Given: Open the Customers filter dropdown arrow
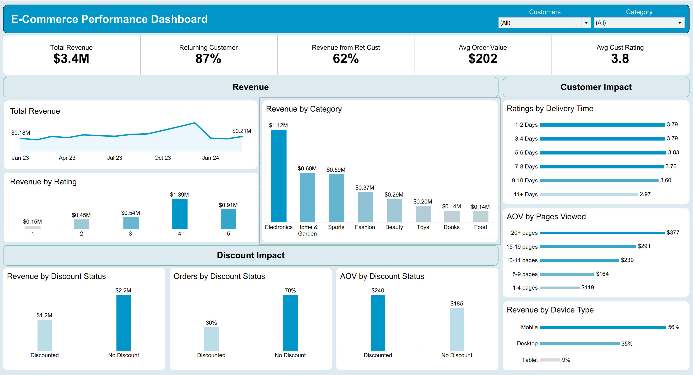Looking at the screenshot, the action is click(586, 23).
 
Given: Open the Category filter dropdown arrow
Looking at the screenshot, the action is click(679, 23).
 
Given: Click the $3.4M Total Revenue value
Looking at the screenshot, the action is click(71, 59).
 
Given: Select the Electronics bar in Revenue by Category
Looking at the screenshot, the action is click(279, 176).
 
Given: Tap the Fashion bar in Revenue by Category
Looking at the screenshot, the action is click(365, 207).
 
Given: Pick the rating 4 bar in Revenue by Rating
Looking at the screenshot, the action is click(180, 214).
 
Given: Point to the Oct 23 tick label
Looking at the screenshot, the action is click(162, 158).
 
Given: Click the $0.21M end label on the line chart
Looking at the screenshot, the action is click(242, 131).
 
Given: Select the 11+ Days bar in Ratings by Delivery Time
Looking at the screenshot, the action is click(589, 194).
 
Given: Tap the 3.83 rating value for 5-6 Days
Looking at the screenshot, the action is click(673, 153).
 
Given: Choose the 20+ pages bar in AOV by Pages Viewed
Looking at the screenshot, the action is click(602, 233).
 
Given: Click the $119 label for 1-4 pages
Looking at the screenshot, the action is click(587, 287).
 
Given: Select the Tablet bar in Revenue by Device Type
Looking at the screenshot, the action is click(550, 360).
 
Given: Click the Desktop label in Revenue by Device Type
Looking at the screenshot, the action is click(527, 344).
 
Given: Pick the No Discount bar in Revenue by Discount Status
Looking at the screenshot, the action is click(123, 322).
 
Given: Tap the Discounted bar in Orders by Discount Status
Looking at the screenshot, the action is click(212, 339).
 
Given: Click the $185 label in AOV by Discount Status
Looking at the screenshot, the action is click(457, 304).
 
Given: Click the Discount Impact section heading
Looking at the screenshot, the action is click(251, 255).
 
